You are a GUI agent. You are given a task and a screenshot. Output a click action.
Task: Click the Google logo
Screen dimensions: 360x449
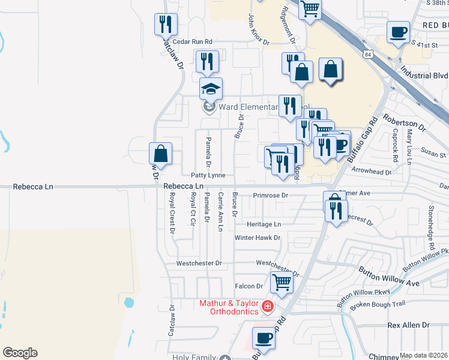(x=20, y=353)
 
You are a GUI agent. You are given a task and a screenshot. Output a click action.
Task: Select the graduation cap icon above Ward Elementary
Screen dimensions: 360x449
(x=211, y=89)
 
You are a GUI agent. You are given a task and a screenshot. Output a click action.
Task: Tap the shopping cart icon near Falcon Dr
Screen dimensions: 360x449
(x=282, y=281)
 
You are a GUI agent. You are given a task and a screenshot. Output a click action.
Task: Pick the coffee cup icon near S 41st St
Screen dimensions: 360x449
(x=397, y=31)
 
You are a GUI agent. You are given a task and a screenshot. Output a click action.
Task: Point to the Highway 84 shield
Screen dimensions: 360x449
(x=368, y=54)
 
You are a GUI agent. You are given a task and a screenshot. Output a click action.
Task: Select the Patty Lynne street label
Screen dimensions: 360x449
(x=208, y=175)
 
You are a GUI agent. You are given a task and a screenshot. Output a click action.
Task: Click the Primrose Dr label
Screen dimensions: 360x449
(x=270, y=196)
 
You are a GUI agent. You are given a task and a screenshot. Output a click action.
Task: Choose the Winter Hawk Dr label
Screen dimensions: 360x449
(x=257, y=238)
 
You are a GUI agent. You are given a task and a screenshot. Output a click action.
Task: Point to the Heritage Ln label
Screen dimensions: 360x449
(x=264, y=224)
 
